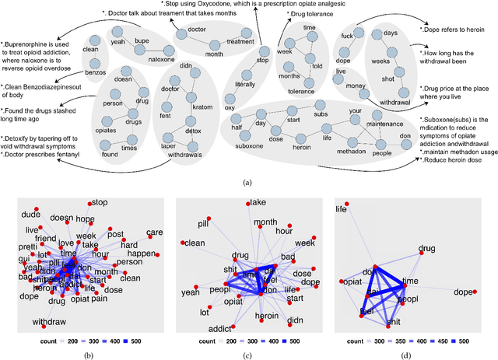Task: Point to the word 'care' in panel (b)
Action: pos(154,232)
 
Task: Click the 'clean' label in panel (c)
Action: pos(192,243)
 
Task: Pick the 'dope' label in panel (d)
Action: pos(464,292)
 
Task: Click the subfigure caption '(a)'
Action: pos(248,182)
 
